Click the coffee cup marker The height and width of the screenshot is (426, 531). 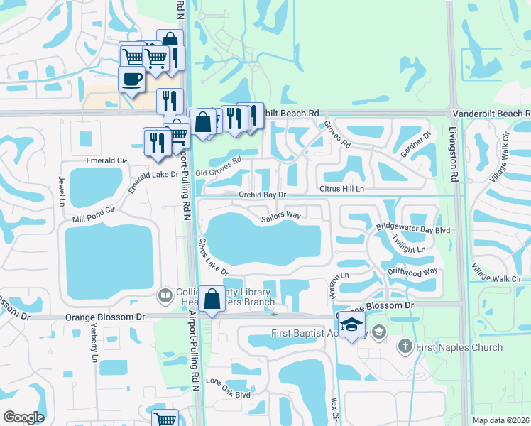coord(131,78)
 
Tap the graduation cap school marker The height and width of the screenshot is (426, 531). coord(351,324)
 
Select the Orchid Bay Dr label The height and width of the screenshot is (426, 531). coord(262,194)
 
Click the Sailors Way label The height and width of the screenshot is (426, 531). coord(282,214)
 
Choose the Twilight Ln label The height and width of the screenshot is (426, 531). coord(411,249)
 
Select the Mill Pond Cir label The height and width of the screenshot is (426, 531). coord(94,215)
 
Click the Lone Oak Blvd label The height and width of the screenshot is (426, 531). coord(229,388)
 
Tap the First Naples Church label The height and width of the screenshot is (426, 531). coord(459,347)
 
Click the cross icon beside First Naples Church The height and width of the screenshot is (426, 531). coord(405,346)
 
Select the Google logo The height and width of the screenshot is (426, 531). coord(24,417)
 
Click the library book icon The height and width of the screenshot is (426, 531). coord(165,294)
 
